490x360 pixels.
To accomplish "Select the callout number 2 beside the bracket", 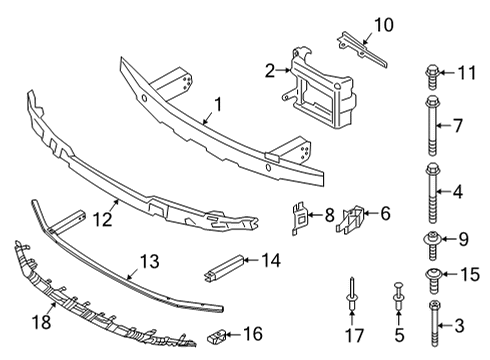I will [x=269, y=70].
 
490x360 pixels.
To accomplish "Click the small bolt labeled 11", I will [x=432, y=73].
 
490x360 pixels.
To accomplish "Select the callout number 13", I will [x=148, y=261].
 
